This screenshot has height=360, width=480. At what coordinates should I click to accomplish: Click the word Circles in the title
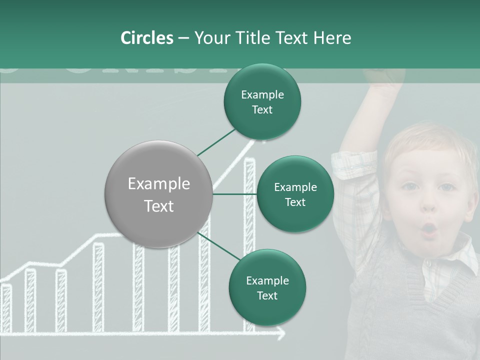(x=146, y=38)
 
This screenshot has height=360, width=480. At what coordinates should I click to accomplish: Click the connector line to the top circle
(x=216, y=142)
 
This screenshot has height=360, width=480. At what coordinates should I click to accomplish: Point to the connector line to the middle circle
(x=234, y=194)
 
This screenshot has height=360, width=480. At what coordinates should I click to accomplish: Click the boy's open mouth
(x=429, y=229)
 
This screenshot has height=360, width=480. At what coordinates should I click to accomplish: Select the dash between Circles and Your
(x=183, y=38)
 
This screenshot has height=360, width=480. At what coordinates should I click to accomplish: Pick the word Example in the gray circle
(x=158, y=184)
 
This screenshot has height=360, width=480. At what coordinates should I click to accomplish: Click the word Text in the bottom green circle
(x=267, y=295)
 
